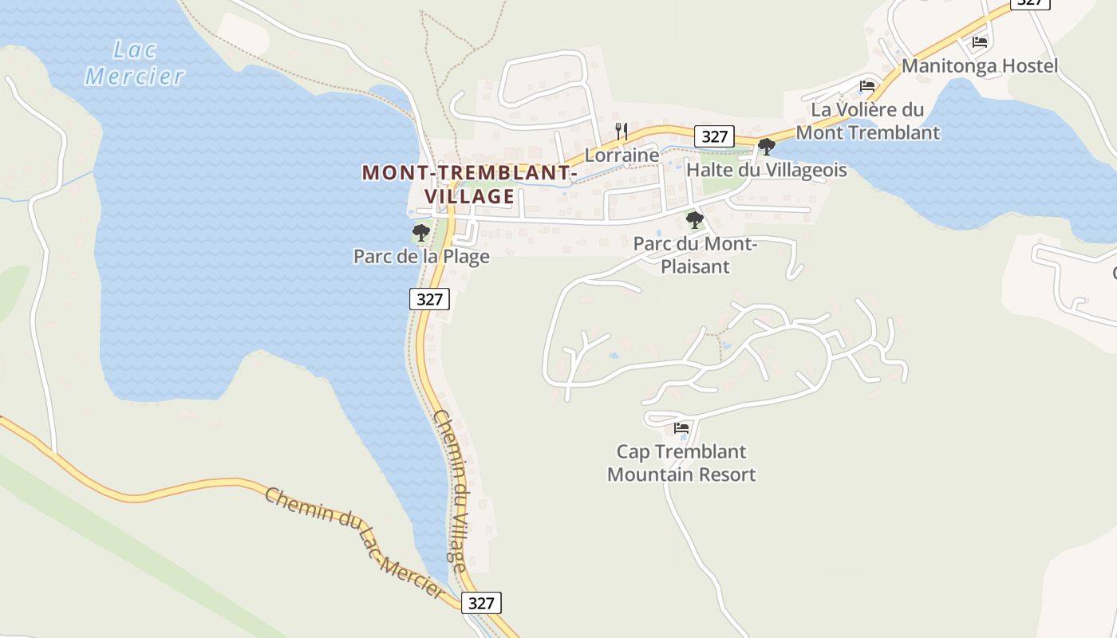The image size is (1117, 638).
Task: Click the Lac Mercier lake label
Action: coord(135,63)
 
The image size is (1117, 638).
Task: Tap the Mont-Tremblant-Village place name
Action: coord(469,184)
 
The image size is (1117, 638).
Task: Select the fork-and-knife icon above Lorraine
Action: coord(622,131)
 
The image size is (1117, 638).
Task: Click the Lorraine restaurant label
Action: coord(622,155)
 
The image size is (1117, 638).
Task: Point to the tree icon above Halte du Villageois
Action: coord(767,147)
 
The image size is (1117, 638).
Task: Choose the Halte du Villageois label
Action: coord(767,170)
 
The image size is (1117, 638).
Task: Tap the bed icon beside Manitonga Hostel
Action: coord(980,42)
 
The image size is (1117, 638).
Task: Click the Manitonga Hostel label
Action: coord(980,65)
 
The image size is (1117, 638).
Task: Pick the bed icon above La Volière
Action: coord(867,86)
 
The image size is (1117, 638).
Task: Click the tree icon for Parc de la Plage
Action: coord(420,233)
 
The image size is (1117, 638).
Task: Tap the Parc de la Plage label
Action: coord(421,257)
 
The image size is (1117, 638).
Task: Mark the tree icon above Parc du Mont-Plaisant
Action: coord(695,220)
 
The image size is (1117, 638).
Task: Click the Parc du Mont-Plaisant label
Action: coord(695,254)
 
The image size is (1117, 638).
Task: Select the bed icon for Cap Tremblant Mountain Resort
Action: coord(681,428)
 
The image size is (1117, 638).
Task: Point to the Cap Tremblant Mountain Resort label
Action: coord(681,463)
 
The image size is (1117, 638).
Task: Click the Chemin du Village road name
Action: coord(449,492)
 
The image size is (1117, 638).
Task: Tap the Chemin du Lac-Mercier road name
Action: coord(354,542)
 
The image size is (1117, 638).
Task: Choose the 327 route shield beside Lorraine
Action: coord(714,136)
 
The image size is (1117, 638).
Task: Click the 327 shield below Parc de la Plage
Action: coord(430,299)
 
